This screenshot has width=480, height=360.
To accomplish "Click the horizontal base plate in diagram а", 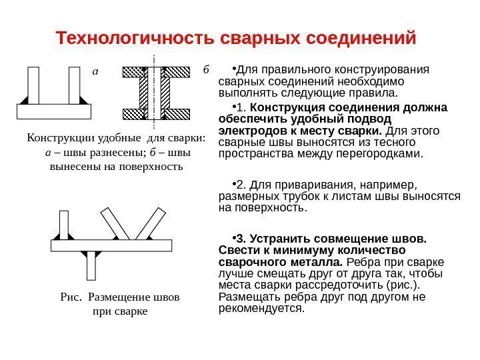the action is click(x=53, y=111).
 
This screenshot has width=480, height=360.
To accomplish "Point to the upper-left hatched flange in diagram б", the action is click(x=139, y=71).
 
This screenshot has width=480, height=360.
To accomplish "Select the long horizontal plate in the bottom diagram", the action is click(x=111, y=245).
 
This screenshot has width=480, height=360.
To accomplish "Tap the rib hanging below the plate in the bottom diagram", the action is click(x=91, y=265).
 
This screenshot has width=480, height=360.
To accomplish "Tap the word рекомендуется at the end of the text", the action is click(x=261, y=309).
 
